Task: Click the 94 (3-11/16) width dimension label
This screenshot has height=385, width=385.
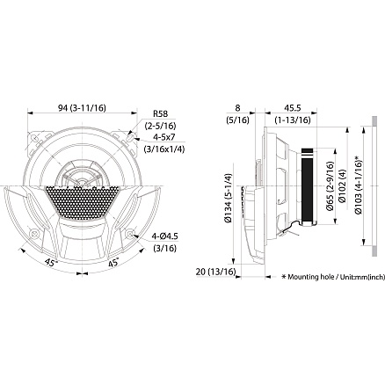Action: (82, 108)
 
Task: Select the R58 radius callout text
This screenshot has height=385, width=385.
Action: (161, 113)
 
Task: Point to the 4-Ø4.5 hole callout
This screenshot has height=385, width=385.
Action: (164, 236)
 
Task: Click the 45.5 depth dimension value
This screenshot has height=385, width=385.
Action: (293, 108)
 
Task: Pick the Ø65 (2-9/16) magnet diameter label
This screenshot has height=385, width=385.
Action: (330, 186)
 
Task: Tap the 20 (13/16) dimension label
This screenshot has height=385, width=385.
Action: (215, 272)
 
